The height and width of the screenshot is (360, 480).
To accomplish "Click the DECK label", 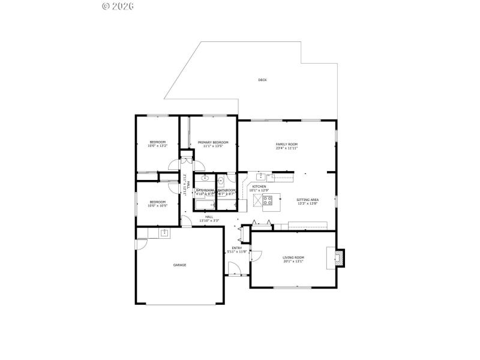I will (262, 80).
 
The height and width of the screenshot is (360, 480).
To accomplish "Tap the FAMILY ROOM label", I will (287, 144).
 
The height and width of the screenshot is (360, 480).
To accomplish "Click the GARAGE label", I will (179, 265).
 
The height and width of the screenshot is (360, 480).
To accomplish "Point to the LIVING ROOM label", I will (293, 257).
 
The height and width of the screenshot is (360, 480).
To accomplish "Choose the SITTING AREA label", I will (307, 200).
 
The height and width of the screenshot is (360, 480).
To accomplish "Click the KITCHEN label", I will (259, 187).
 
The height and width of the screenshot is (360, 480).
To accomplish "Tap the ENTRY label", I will (236, 248).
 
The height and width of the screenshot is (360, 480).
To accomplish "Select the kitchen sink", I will (262, 176).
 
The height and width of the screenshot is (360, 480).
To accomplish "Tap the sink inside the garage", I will (164, 233).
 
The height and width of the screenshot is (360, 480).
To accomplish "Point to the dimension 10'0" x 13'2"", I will (158, 146).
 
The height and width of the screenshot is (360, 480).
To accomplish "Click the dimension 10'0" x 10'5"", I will (158, 205).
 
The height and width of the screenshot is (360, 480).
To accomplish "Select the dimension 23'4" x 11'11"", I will (287, 148).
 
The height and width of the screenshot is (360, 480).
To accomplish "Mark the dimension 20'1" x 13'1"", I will (293, 262).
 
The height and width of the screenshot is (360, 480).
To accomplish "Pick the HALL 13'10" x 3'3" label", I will (209, 218).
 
